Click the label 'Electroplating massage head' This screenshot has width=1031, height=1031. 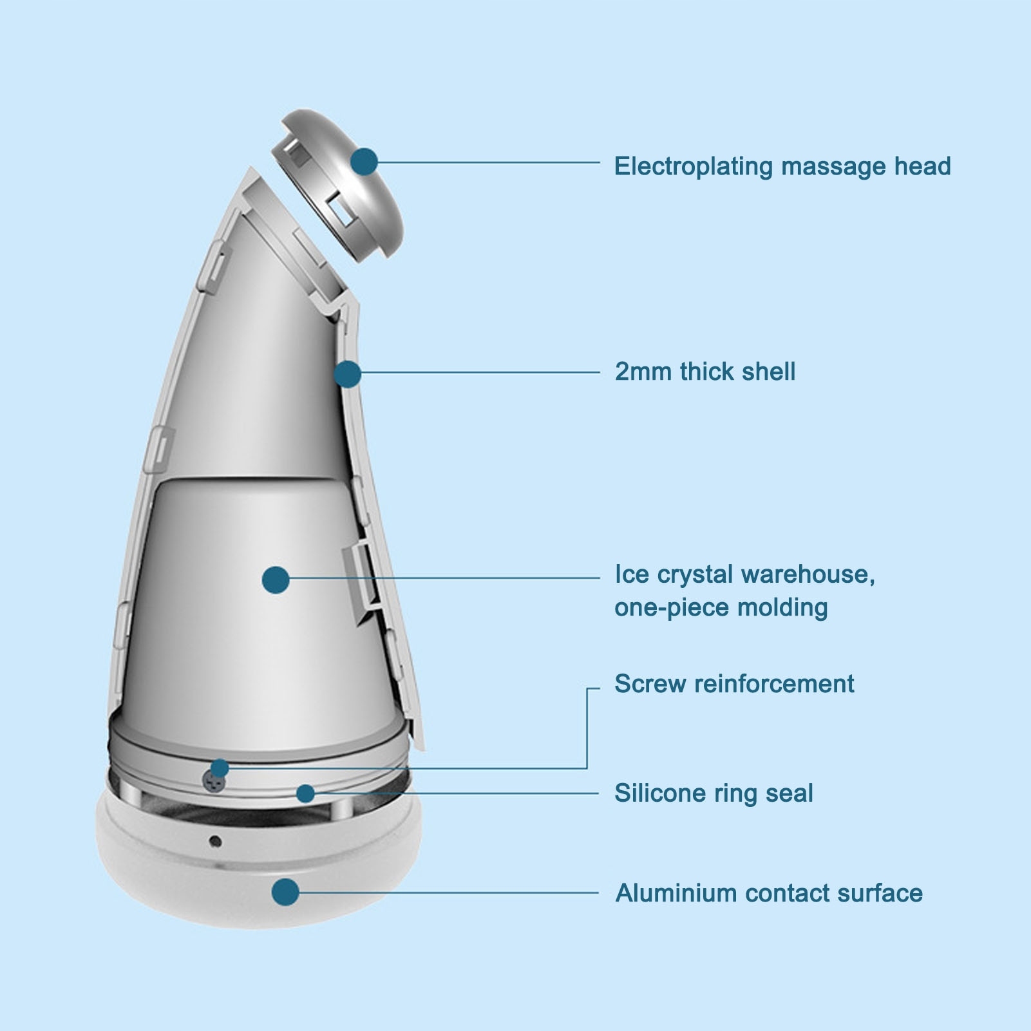tap(782, 166)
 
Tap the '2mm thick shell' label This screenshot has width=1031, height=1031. tap(705, 372)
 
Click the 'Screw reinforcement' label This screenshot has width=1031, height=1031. tap(734, 683)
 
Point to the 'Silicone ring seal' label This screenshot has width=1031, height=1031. tap(713, 793)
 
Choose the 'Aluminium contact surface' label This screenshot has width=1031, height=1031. tap(768, 893)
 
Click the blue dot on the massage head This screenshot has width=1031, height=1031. tap(364, 162)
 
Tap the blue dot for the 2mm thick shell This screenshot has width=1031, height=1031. tap(348, 374)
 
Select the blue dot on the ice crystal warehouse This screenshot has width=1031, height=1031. tap(276, 580)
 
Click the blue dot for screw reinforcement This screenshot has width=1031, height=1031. tap(220, 768)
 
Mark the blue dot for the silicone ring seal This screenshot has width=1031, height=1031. tap(306, 793)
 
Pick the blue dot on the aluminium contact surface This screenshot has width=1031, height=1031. tap(285, 893)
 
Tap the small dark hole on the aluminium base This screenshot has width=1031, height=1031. tap(215, 841)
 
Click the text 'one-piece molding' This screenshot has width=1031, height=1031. tap(721, 607)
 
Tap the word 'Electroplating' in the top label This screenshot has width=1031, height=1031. tap(693, 166)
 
